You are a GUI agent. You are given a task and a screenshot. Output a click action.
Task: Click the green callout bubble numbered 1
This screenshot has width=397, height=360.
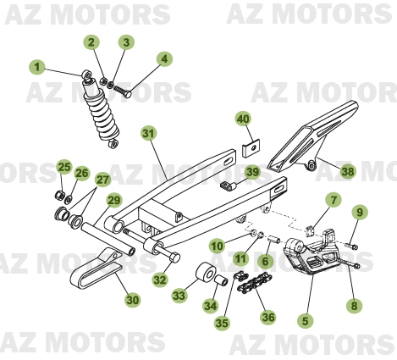pos(36,65)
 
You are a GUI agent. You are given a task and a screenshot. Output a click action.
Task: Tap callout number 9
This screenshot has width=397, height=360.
pos(359,212)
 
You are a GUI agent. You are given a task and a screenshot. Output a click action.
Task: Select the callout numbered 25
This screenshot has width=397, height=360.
pos(63,168)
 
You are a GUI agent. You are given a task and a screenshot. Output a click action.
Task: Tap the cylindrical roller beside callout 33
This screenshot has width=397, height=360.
pos(207,276)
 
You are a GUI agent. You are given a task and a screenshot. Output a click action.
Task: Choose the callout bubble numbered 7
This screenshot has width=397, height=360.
pos(333,200)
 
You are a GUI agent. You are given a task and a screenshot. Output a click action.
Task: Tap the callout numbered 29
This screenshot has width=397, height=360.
pos(114,200)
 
